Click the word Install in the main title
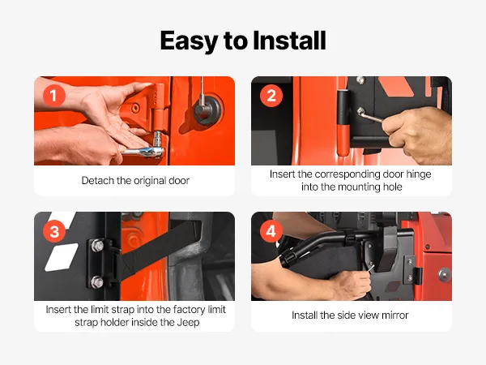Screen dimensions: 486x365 [289, 41]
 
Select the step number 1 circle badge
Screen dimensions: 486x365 [54, 96]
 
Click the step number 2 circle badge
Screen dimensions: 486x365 [271, 96]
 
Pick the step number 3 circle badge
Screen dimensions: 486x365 [54, 231]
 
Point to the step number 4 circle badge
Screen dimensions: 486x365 [271, 231]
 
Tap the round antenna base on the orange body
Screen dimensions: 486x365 [208, 109]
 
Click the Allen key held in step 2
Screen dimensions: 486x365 [369, 115]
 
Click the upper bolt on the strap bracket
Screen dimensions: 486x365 [97, 246]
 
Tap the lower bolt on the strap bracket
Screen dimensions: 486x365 [97, 282]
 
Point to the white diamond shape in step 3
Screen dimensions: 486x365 [62, 257]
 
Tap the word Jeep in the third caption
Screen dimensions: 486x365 [188, 323]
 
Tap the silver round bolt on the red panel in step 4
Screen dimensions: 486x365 [445, 275]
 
